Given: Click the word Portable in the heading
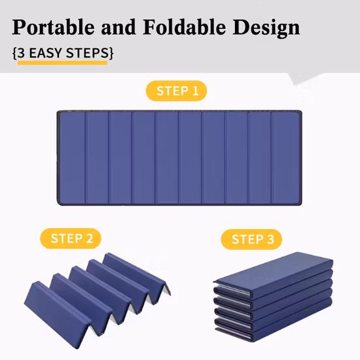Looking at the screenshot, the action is coord(53,27).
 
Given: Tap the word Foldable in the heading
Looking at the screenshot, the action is coord(185,27).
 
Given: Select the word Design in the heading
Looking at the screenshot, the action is coord(266,29).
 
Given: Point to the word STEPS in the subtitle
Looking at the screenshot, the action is coord(87,53).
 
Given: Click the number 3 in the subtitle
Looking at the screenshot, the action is coord(21,53).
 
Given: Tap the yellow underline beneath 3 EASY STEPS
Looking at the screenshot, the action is coord(62,63).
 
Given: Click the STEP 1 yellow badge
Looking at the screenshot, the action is coord(176,91).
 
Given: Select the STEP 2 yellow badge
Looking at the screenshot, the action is coord(71,238).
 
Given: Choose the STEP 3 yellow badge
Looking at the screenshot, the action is coord(251,239).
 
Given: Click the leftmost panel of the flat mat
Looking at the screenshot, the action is coord(72,158).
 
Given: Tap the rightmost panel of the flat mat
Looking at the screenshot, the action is coord(285,158).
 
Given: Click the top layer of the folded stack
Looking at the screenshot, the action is coord(274,272).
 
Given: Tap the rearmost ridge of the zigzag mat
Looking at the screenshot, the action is coord(136,273).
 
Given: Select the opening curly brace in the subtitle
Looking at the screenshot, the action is coord(14,53).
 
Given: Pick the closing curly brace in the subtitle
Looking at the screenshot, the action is coord(111,53).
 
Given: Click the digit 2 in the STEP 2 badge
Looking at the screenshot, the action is coord(90,238).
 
